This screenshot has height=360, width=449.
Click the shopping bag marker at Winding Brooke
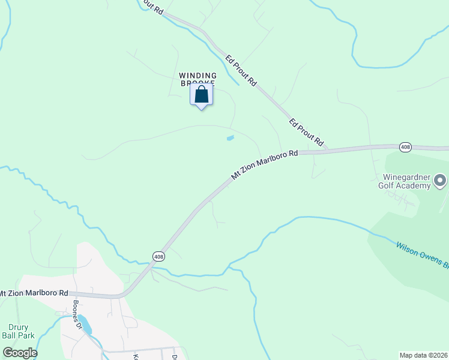(201, 95)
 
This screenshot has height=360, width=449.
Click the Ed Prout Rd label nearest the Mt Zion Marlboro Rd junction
(306, 133)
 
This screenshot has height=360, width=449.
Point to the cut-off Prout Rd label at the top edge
(151, 6)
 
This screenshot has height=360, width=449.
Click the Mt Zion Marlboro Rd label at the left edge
(34, 293)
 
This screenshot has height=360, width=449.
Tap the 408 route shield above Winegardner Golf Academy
(405, 146)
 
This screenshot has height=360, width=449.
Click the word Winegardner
(406, 178)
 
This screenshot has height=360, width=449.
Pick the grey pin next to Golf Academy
(440, 180)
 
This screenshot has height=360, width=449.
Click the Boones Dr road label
(77, 315)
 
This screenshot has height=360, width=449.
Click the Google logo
(20, 352)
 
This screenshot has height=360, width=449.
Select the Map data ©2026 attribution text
(423, 355)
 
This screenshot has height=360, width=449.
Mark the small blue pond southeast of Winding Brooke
(230, 139)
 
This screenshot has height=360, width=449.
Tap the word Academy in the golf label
(415, 185)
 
